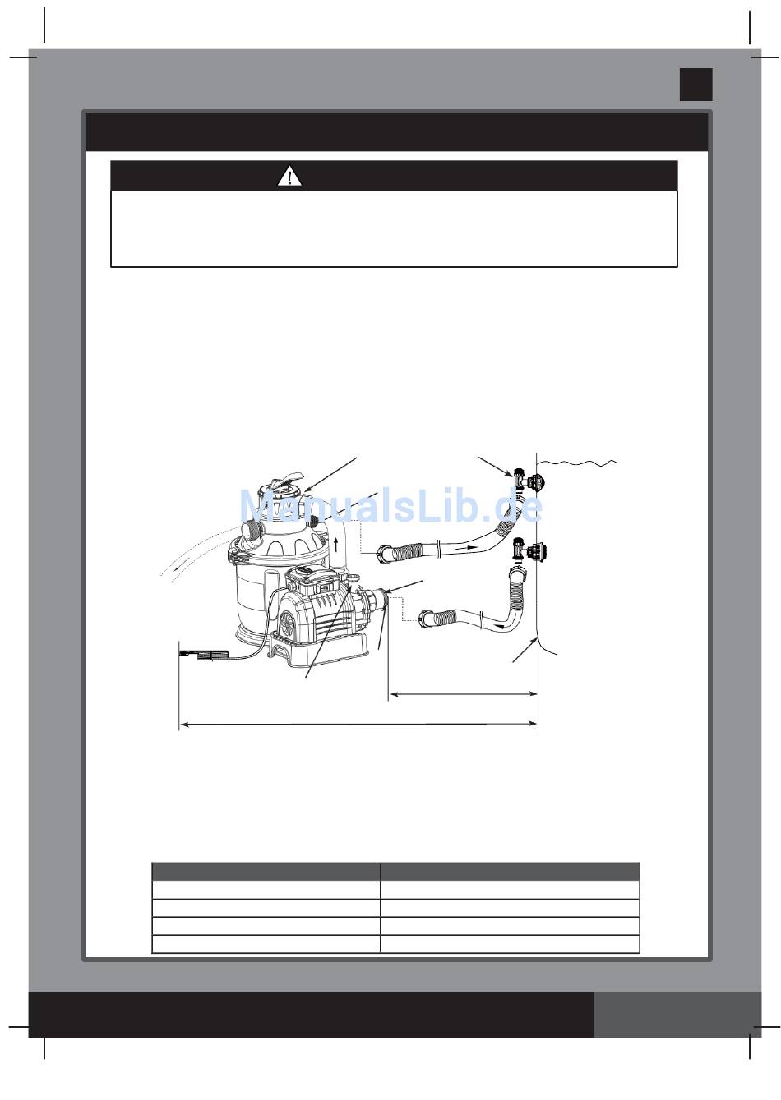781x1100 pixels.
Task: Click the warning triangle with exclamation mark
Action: (x=289, y=177)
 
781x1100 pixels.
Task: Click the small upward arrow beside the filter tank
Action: (x=335, y=544)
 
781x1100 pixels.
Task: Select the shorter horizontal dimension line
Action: (x=463, y=694)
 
